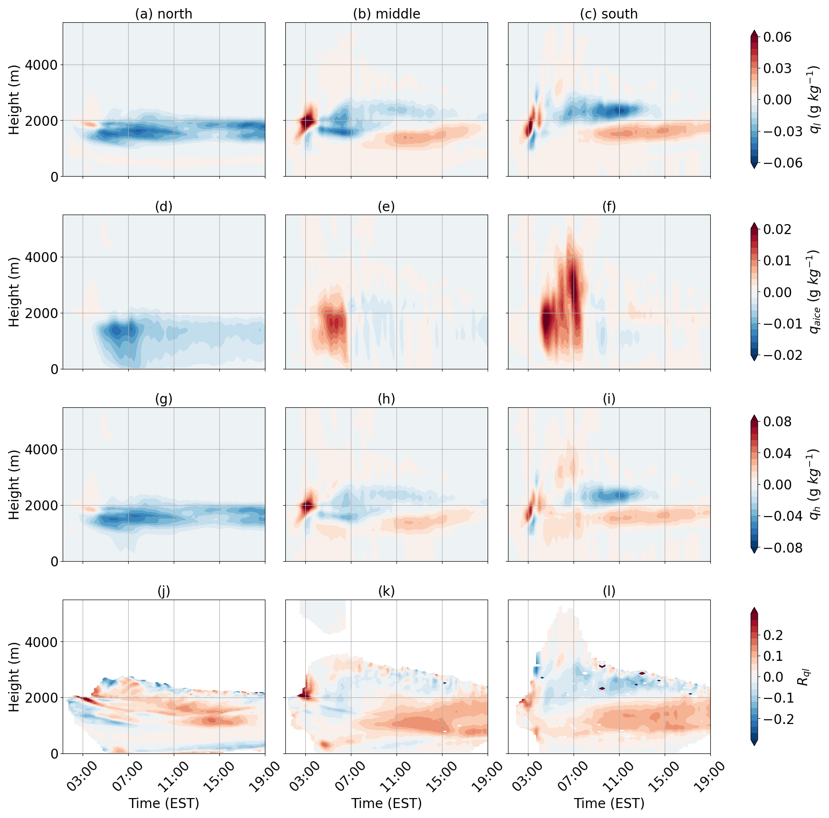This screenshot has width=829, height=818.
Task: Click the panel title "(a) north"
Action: click(164, 14)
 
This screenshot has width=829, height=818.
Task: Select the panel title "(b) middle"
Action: click(386, 14)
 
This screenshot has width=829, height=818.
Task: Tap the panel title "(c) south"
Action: click(609, 14)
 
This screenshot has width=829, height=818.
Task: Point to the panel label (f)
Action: click(609, 207)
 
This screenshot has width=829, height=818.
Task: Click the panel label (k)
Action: click(386, 591)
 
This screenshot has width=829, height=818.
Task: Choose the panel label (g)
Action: click(164, 399)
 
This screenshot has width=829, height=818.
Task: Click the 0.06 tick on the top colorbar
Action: click(777, 37)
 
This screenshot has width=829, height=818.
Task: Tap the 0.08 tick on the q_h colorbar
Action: click(777, 422)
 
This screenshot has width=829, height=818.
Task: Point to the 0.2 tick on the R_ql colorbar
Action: click(772, 635)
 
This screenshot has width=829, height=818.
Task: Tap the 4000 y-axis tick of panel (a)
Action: click(41, 65)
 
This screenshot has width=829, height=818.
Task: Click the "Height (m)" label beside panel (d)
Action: click(14, 292)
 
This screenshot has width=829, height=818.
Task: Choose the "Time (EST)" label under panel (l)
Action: click(609, 803)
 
